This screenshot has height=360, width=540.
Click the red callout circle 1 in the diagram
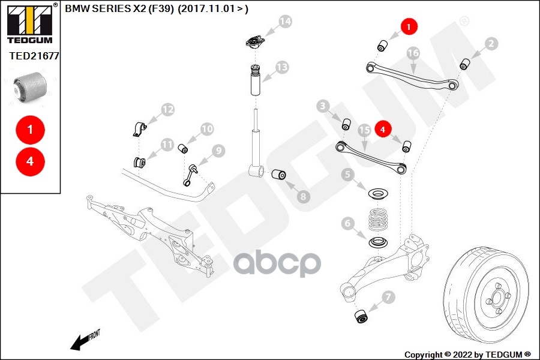tap(409, 27)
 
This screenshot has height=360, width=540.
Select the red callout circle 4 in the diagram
tap(383, 128)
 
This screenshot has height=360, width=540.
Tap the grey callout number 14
tap(284, 22)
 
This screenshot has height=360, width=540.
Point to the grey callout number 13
tap(282, 67)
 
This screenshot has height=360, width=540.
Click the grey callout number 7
tap(388, 296)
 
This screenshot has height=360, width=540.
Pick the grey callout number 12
tap(167, 110)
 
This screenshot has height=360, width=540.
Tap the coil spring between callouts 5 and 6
tap(377, 220)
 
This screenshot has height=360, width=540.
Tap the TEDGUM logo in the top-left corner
tap(29, 23)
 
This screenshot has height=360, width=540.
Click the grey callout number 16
tap(413, 53)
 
